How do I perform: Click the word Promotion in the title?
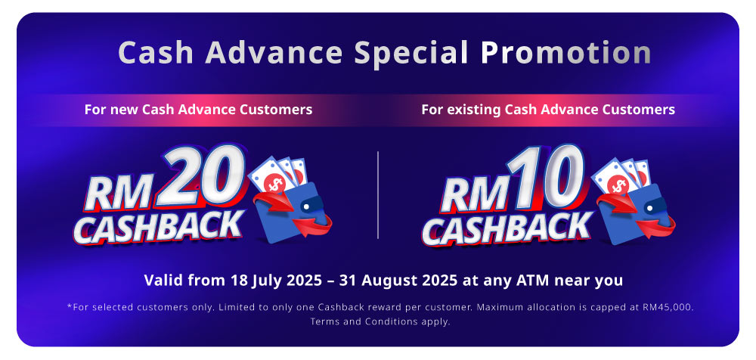[x=565, y=52]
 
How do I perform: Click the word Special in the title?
[x=411, y=53]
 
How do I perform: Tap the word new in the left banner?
[x=125, y=110]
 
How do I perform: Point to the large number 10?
[x=545, y=176]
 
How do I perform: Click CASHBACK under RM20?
[x=158, y=226]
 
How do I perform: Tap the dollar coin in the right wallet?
[x=618, y=185]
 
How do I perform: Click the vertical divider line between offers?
[x=378, y=195]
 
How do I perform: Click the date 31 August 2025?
[x=398, y=280]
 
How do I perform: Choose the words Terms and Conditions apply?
[x=380, y=321]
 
